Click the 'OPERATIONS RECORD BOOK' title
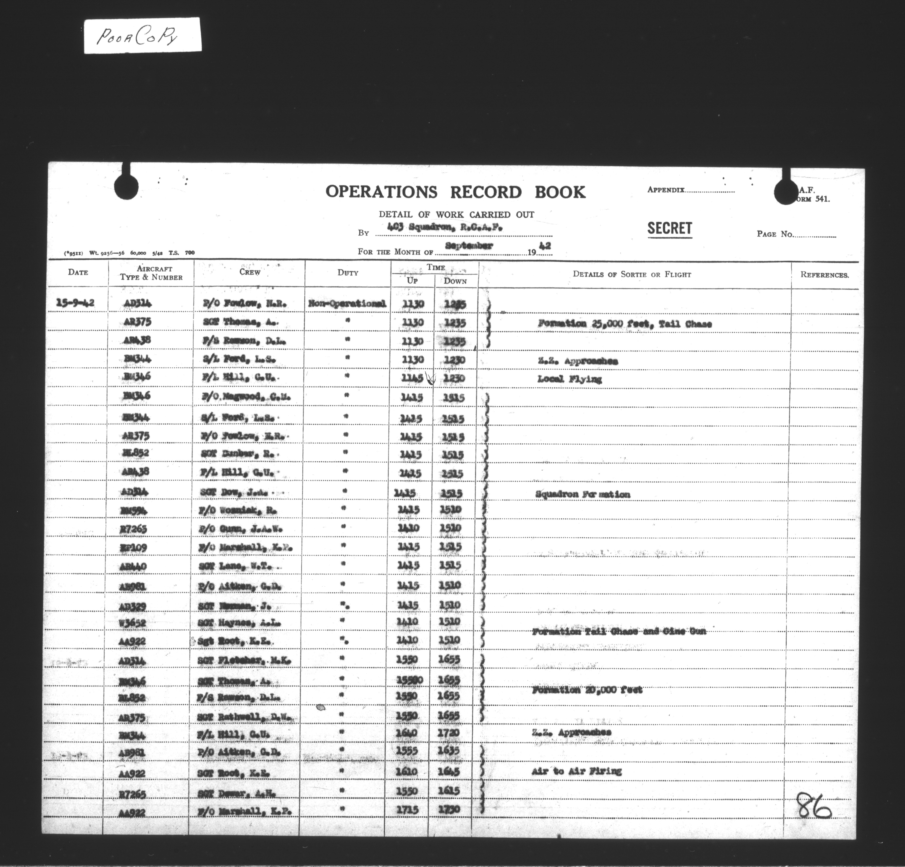pos(455,192)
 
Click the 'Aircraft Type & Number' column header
pos(152,273)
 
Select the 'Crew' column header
pos(250,272)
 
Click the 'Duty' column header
pos(348,273)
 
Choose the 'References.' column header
pos(824,275)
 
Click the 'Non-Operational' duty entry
pos(347,304)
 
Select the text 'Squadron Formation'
pos(583,495)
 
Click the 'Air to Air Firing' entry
pos(576,771)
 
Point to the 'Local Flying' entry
pos(569,380)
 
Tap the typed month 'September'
pos(469,246)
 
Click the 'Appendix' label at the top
pos(666,189)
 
